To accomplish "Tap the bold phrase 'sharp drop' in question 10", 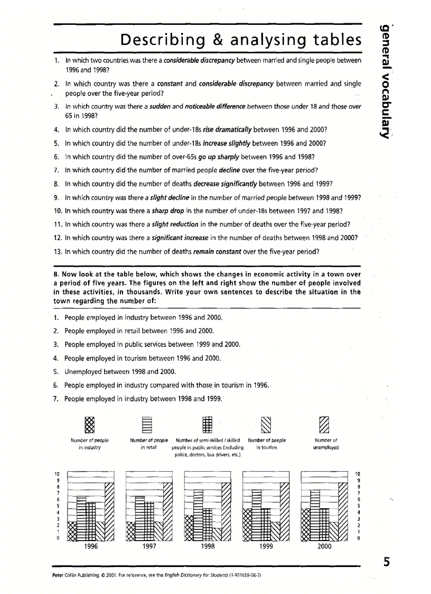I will [x=166, y=211].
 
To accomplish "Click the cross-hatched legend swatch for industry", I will [x=90, y=425].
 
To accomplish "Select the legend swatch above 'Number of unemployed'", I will [x=325, y=425].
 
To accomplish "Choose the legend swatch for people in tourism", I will [x=267, y=425].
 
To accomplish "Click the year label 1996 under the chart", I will [x=91, y=547].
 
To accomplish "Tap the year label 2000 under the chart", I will [x=324, y=547].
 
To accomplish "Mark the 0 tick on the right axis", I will [x=358, y=538].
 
